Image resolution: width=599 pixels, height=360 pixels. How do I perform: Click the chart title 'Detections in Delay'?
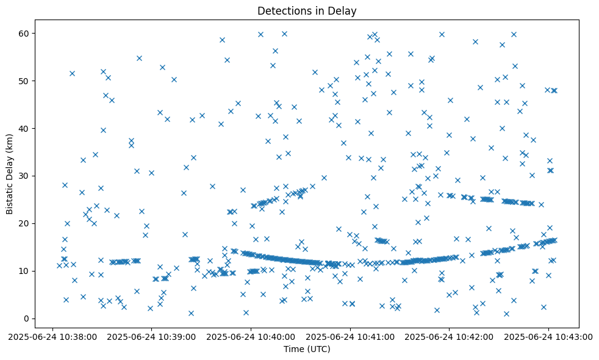pyautogui.click(x=307, y=11)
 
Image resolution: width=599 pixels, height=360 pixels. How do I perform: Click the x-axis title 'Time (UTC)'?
pyautogui.click(x=307, y=348)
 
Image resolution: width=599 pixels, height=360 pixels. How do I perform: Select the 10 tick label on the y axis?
pyautogui.click(x=25, y=271)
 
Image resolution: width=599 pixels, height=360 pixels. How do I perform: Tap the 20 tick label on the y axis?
pyautogui.click(x=25, y=223)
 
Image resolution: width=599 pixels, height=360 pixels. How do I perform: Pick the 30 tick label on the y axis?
pyautogui.click(x=25, y=176)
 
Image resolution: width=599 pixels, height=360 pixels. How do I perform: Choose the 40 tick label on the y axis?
pyautogui.click(x=25, y=128)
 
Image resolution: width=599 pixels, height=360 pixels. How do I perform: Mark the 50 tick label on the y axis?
pyautogui.click(x=25, y=81)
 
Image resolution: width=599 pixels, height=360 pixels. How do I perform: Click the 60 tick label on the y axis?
pyautogui.click(x=25, y=33)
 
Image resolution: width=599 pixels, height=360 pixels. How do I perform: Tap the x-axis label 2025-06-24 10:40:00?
pyautogui.click(x=251, y=336)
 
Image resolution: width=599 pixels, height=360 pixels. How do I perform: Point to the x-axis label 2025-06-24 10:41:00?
pyautogui.click(x=351, y=336)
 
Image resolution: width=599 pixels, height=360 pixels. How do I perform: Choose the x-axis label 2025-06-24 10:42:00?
pyautogui.click(x=450, y=336)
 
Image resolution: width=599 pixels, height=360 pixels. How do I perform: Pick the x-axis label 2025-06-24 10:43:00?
pyautogui.click(x=548, y=336)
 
